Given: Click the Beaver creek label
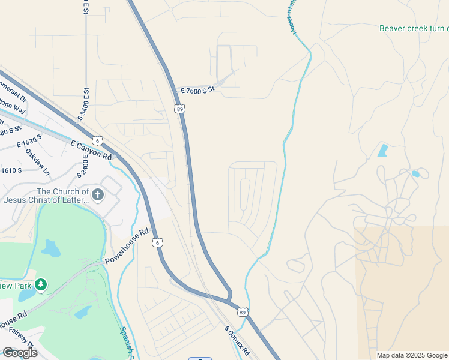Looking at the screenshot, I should tap(414, 28).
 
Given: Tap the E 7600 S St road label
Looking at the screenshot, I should tap(197, 91).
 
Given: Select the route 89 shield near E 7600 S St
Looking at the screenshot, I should tap(179, 109).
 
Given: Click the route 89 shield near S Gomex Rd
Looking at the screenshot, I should tap(241, 312).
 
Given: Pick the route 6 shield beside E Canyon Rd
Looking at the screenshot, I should tap(98, 140).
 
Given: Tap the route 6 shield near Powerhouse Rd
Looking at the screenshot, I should tap(157, 242).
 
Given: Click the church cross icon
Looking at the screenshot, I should tap(98, 194).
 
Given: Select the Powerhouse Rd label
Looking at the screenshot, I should tap(127, 247).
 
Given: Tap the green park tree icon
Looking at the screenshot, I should tap(41, 283).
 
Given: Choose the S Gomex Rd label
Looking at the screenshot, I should tap(237, 340).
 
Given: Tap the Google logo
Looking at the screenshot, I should tap(20, 353).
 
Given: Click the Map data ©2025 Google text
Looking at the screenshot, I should tap(412, 355).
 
